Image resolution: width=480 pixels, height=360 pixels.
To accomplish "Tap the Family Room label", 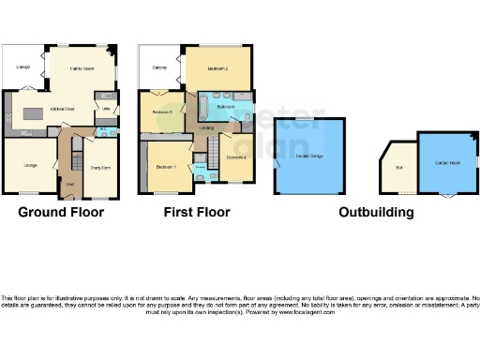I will (82, 68).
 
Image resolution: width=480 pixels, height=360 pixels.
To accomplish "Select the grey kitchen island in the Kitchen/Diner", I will (36, 113).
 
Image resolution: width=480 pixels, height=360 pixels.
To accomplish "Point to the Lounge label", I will (29, 166).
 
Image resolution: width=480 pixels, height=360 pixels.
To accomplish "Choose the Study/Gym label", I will (100, 168).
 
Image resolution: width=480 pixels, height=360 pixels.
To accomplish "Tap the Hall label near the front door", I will (71, 184).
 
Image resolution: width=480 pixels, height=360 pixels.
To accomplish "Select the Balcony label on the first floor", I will (159, 67).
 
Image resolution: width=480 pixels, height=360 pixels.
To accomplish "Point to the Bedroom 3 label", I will (162, 112).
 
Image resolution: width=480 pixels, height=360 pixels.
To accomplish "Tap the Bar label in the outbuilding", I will (397, 167).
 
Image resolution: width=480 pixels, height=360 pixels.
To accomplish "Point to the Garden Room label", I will (445, 161).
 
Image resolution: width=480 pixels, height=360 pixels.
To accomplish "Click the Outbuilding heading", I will (376, 212).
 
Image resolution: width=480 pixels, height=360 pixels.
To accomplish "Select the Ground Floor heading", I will (61, 212).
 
